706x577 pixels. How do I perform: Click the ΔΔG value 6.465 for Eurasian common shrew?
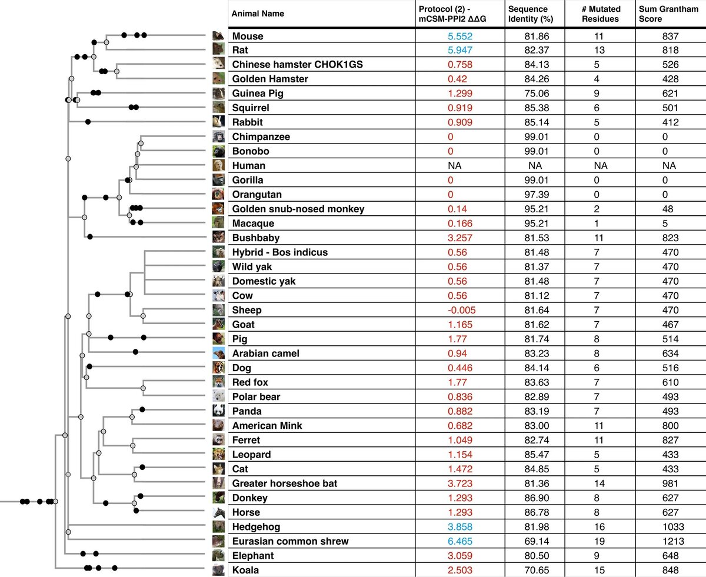click(x=461, y=541)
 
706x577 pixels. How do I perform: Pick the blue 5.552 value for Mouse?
click(x=461, y=36)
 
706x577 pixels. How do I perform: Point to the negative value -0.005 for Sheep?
click(x=461, y=310)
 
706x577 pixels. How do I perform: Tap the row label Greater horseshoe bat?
click(x=285, y=483)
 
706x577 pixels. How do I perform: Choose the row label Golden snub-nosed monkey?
click(x=298, y=209)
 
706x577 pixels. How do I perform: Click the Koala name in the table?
click(x=245, y=570)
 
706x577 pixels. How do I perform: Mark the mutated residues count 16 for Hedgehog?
click(x=601, y=527)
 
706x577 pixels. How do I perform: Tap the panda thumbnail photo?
click(x=219, y=411)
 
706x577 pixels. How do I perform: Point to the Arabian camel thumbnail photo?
click(x=219, y=353)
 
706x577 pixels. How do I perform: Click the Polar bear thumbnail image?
click(x=219, y=396)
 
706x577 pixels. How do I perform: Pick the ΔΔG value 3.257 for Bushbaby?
click(x=461, y=238)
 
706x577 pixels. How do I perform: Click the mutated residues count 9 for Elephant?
click(x=601, y=556)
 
